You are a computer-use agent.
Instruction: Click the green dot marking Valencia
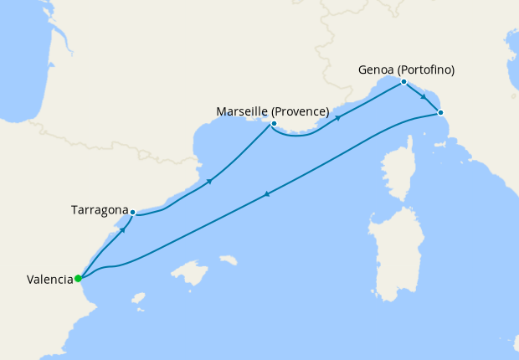77,279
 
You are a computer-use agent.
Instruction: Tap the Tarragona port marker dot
132,213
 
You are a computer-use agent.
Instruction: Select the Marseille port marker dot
274,124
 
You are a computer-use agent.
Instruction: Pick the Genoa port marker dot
403,82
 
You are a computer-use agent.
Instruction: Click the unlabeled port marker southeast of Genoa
440,112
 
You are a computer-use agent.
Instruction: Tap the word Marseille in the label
243,111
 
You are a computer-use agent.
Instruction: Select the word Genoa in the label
375,69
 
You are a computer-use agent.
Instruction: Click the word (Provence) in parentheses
300,111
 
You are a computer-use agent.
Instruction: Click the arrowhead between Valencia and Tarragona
123,229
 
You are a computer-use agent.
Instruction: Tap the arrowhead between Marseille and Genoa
338,118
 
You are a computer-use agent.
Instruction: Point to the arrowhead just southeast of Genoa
424,98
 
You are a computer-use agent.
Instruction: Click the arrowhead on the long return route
266,195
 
